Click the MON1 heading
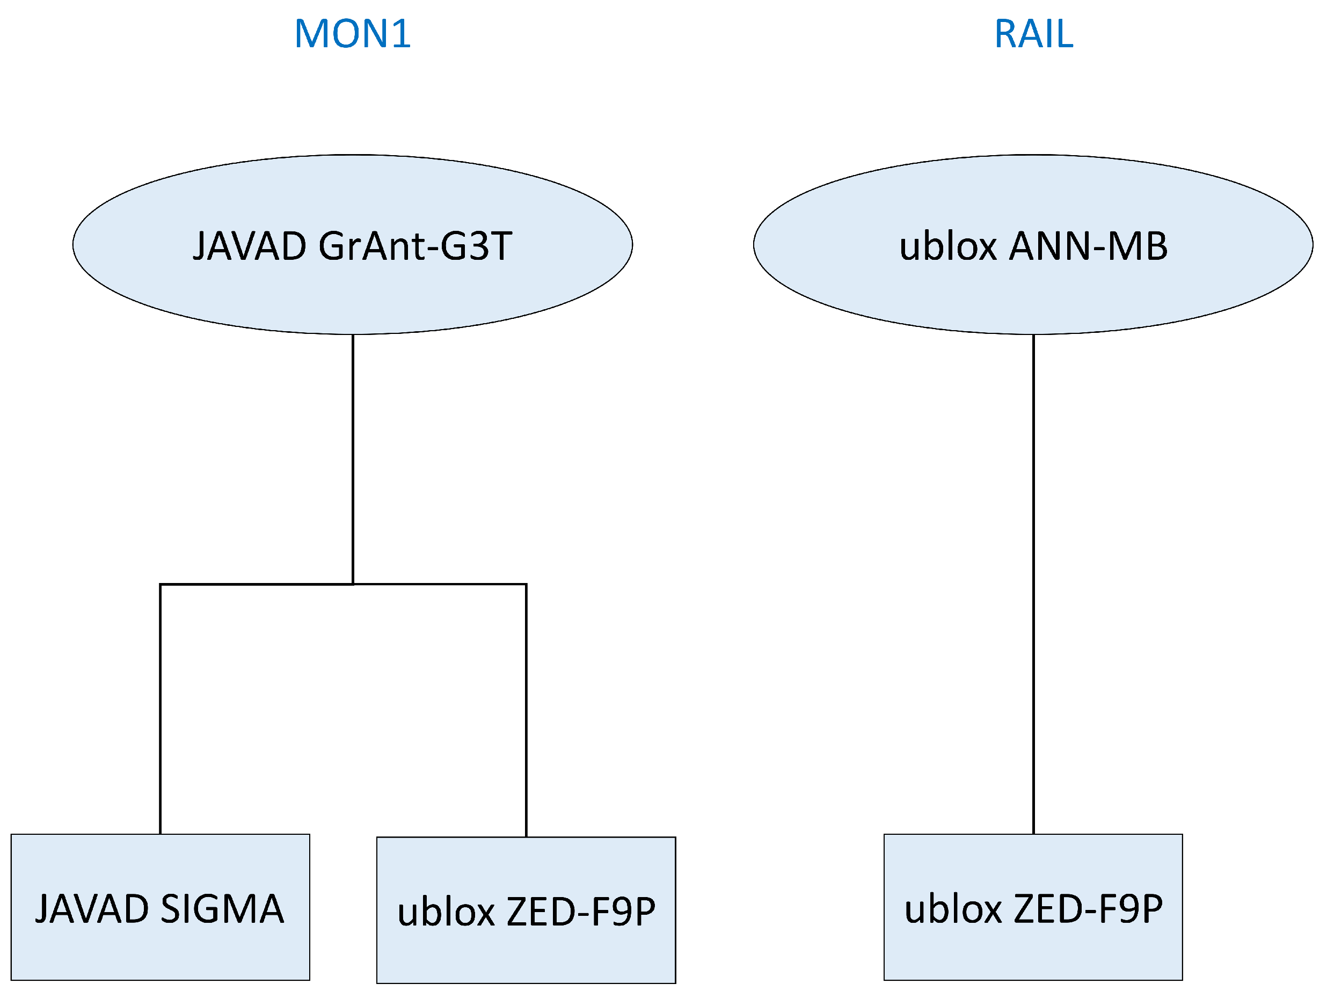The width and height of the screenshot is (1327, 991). click(352, 34)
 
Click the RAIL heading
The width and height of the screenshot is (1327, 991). click(1033, 34)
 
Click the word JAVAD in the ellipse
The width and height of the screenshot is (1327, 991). click(250, 246)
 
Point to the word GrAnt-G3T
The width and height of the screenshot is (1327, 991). click(415, 246)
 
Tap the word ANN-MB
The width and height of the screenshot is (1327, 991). click(1088, 246)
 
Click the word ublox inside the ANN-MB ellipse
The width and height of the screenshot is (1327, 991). click(948, 246)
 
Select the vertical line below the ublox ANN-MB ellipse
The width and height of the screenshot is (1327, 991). click(1033, 582)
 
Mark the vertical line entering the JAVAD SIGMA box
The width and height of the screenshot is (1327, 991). click(160, 708)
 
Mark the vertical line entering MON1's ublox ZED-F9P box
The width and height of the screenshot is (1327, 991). click(526, 708)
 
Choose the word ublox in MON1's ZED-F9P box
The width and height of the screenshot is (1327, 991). click(446, 912)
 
